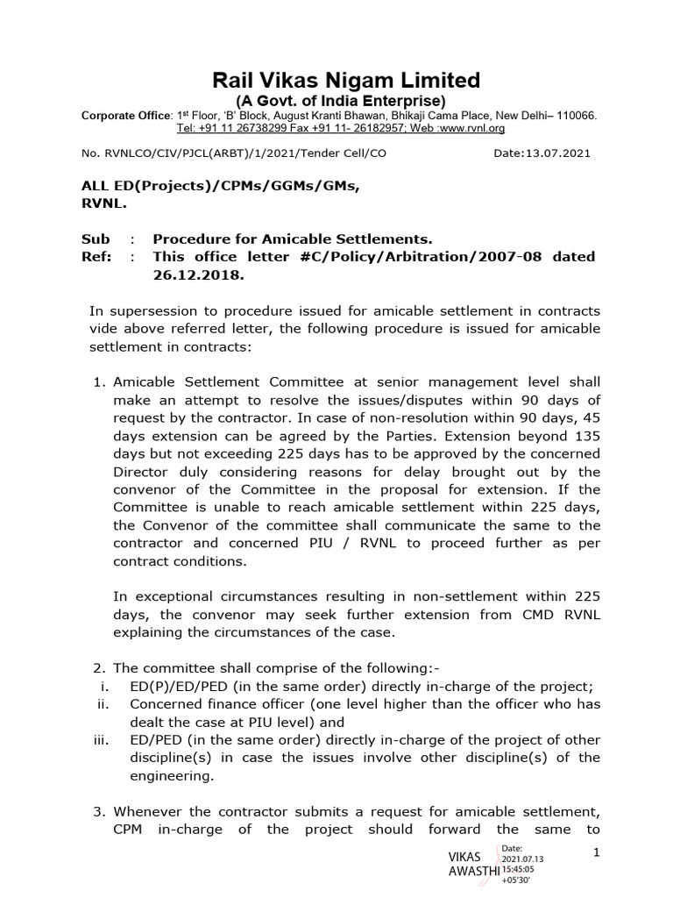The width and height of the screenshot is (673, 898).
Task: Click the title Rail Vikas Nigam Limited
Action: point(347,81)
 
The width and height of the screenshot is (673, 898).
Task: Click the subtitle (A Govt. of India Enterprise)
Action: point(347,102)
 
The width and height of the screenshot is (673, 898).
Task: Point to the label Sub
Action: point(96,239)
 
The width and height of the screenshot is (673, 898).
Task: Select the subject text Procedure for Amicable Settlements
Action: point(293,239)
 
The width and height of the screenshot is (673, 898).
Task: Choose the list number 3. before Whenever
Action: point(99,811)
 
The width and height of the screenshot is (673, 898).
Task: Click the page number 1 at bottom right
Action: point(596,852)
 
